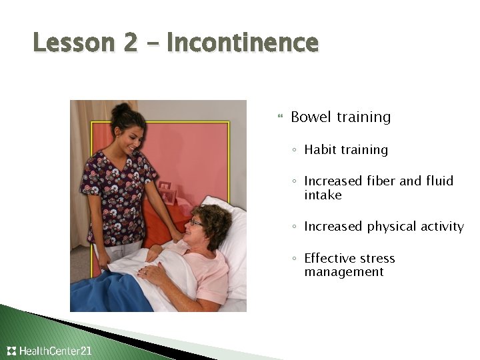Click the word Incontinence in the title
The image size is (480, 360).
click(x=243, y=43)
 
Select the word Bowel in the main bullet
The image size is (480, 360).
click(x=311, y=117)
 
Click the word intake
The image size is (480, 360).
click(x=323, y=195)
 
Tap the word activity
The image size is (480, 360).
click(x=443, y=227)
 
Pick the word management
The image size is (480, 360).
click(x=344, y=272)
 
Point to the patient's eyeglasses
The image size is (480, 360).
click(x=195, y=223)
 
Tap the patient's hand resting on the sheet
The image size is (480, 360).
click(x=150, y=270)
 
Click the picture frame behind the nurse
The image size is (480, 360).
click(x=166, y=193)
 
